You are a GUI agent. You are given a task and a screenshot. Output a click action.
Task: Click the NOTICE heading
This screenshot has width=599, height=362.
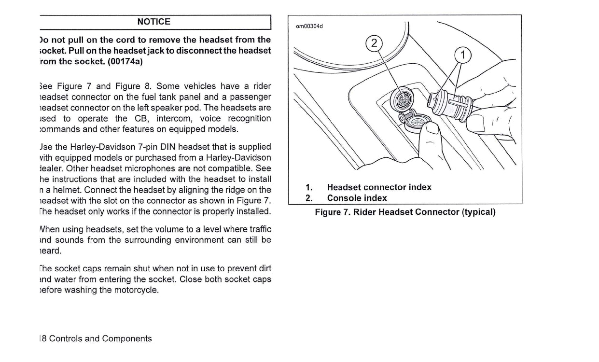(153, 22)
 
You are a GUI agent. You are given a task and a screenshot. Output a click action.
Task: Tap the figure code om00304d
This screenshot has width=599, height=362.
(309, 26)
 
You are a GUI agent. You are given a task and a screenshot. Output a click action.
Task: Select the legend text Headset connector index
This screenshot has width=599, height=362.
(379, 187)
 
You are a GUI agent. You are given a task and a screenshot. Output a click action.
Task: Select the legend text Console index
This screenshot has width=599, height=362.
(357, 198)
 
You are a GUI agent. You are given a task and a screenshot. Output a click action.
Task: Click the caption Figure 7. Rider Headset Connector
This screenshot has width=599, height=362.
(405, 212)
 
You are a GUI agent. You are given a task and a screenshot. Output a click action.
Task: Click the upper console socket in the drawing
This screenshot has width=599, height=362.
(400, 98)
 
